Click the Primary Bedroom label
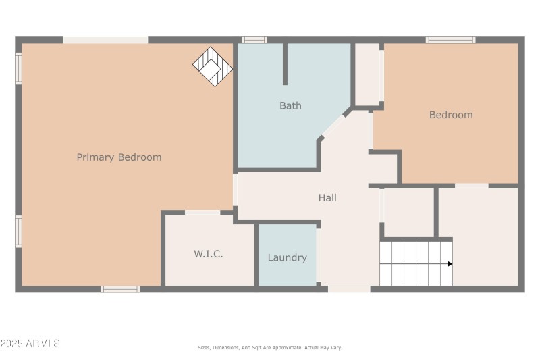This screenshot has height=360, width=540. pyautogui.click(x=119, y=157)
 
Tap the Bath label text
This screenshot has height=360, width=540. pyautogui.click(x=290, y=105)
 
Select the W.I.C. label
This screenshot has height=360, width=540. pyautogui.click(x=209, y=255)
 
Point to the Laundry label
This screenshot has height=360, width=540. pyautogui.click(x=287, y=257)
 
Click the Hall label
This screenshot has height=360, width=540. pyautogui.click(x=327, y=198)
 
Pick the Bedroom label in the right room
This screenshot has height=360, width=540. pyautogui.click(x=451, y=115)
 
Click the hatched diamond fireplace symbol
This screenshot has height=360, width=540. pyautogui.click(x=213, y=66)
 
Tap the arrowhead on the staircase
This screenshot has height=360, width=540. pyautogui.click(x=449, y=263)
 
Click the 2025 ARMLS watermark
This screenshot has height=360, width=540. pyautogui.click(x=30, y=344)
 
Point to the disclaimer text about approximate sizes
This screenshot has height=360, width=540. pyautogui.click(x=269, y=347)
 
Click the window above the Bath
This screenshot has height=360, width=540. pyautogui.click(x=254, y=40)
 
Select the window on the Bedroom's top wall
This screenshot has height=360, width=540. pyautogui.click(x=450, y=40)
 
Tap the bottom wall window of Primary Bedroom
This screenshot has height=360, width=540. pyautogui.click(x=120, y=289)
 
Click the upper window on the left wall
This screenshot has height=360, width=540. pyautogui.click(x=19, y=68)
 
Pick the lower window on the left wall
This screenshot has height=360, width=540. pyautogui.click(x=19, y=232)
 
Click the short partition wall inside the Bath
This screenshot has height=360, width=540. pyautogui.click(x=285, y=64)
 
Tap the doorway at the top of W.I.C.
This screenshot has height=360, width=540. pyautogui.click(x=202, y=213)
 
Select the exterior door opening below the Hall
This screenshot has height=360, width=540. pyautogui.click(x=349, y=289)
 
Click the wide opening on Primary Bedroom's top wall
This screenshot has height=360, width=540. pyautogui.click(x=105, y=40)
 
